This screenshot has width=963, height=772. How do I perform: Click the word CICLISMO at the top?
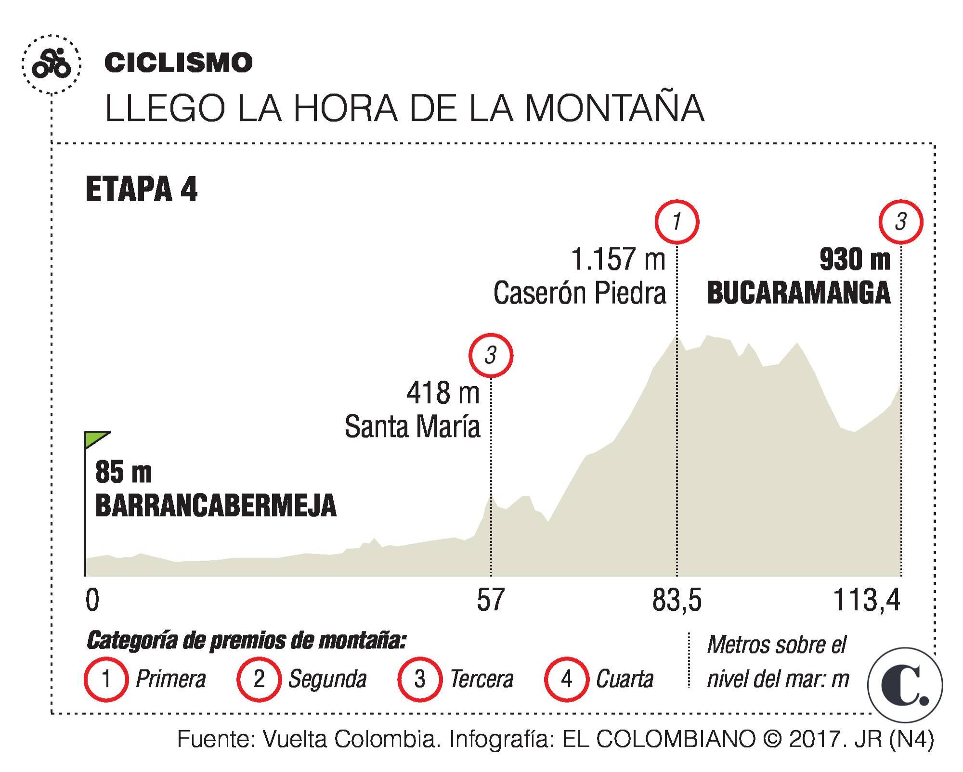178,63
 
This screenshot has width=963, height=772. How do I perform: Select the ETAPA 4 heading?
141,189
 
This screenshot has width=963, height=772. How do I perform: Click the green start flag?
97,439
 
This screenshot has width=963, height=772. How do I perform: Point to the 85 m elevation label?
123,472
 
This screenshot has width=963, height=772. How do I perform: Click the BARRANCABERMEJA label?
216,505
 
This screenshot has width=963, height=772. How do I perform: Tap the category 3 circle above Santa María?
491,356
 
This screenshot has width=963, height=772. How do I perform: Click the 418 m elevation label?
443,393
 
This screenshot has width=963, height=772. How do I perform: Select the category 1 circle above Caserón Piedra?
677,222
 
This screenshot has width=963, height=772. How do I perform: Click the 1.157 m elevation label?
618,259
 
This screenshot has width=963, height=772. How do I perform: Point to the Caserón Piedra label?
580,293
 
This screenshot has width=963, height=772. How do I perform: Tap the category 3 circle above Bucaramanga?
900,222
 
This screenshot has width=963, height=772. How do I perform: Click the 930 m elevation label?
855,259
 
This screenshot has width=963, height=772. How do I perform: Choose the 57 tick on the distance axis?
490,600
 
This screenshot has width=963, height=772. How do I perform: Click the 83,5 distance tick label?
677,600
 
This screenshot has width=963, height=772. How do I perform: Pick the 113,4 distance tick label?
866,600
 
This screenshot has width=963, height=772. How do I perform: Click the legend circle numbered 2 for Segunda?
259,679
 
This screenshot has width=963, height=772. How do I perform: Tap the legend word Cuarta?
625,679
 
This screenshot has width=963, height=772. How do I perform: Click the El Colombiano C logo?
905,685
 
